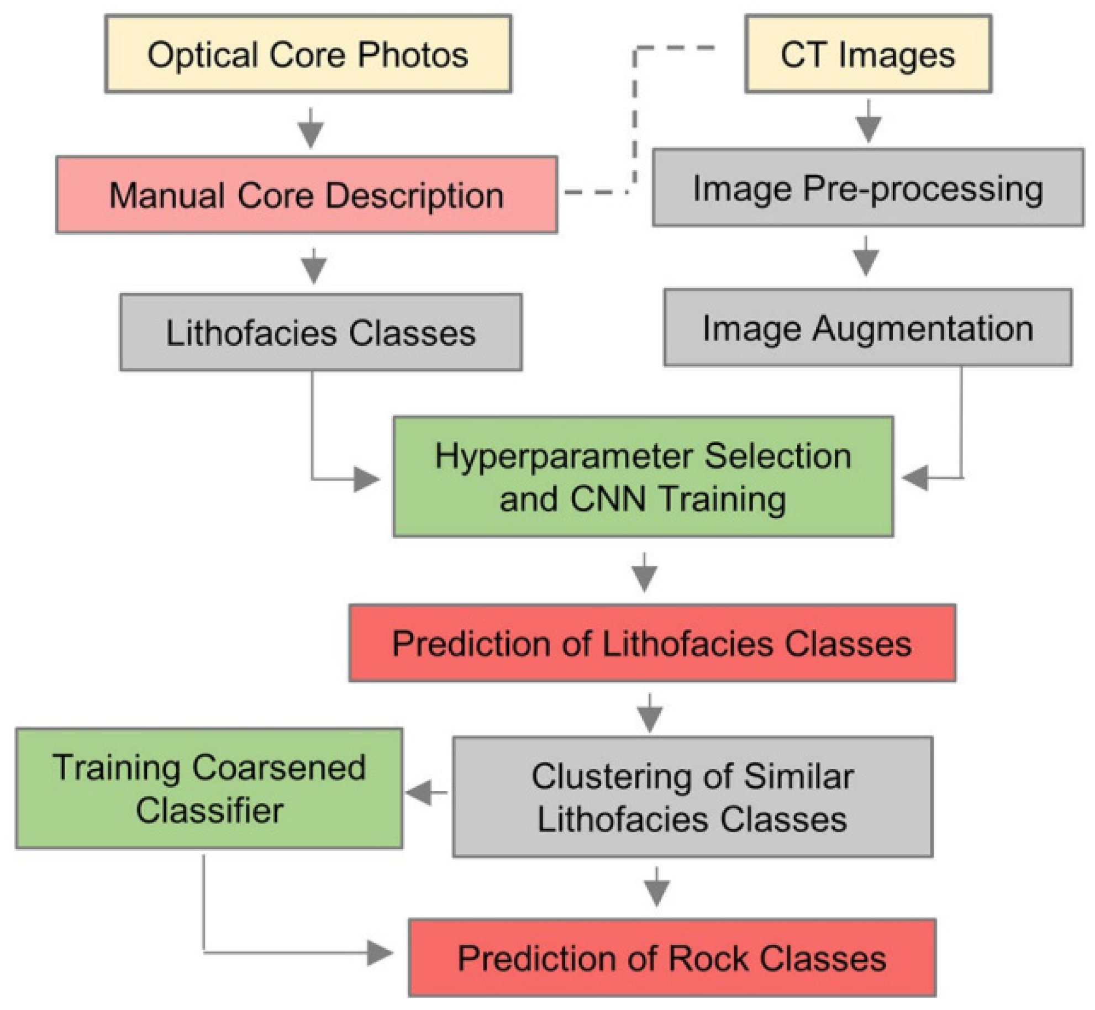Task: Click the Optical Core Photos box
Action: pos(308,54)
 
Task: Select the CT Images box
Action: pos(868,54)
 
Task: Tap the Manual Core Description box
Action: pos(307,195)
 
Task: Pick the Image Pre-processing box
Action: pos(868,188)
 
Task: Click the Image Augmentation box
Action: pos(868,328)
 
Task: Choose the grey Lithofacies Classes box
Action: pos(320,333)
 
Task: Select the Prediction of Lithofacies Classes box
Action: pos(652,643)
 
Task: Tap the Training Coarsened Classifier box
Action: pos(209,788)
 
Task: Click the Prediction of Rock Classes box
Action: pos(672,958)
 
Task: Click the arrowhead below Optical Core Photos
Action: pos(311,133)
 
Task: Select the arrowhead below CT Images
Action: pos(868,128)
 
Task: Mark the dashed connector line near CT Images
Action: pos(635,111)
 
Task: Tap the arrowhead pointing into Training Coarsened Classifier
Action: pos(420,793)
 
